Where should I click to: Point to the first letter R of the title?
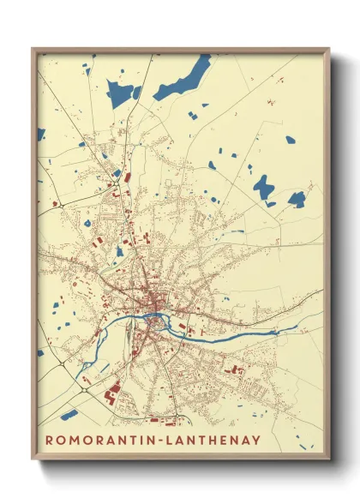[x=49, y=441]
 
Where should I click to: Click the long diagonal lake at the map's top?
[x=181, y=79]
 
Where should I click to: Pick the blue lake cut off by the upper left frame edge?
[x=40, y=134]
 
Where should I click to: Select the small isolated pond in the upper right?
[x=290, y=140]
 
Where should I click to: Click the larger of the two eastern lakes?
[x=263, y=187]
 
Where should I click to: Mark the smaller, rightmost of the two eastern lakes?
[x=297, y=199]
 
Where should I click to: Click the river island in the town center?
[x=155, y=323]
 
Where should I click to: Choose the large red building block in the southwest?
[x=111, y=393]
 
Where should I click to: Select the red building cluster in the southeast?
[x=233, y=369]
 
